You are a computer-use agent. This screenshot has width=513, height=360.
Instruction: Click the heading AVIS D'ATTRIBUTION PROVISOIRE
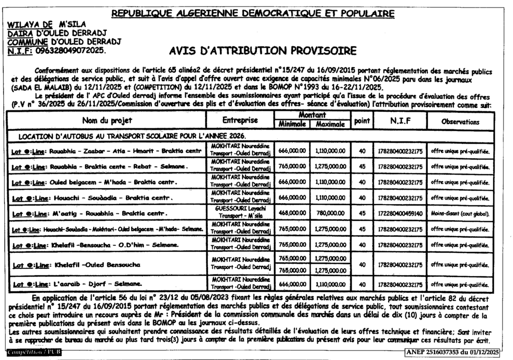pos(263,51)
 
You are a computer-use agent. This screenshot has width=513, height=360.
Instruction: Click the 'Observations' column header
pos(460,122)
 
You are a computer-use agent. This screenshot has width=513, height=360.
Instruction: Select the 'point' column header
pos(362,121)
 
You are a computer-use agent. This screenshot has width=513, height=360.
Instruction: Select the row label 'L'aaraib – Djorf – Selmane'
pos(74,284)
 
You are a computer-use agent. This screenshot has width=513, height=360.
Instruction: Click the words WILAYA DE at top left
pos(30,23)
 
